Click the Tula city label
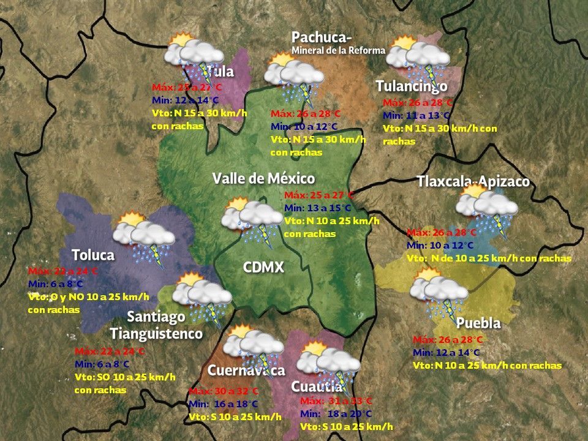[x=221, y=72]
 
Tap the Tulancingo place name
[x=412, y=86]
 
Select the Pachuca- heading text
[x=322, y=38]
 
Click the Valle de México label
[x=263, y=179]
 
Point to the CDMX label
[x=263, y=267]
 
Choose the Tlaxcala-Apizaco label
[x=473, y=182]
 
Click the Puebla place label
[x=478, y=323]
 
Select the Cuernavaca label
[x=246, y=371]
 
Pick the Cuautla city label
[x=316, y=387]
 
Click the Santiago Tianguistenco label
[x=156, y=325]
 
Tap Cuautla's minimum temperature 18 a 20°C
[x=336, y=414]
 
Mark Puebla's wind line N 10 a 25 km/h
[x=487, y=366]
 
